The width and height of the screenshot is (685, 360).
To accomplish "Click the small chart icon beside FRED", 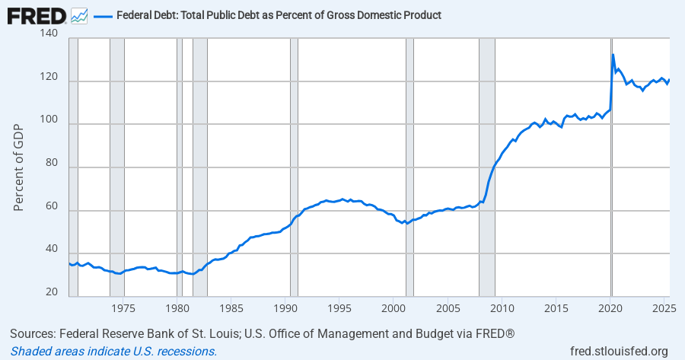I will (79, 15).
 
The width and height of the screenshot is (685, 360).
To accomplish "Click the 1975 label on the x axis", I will (123, 308).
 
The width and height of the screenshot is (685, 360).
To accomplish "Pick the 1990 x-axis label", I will (285, 308).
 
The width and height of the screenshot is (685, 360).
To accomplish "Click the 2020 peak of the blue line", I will (613, 55).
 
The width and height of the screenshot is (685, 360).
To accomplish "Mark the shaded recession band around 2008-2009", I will (486, 167).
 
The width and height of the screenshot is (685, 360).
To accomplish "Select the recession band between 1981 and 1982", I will (199, 167).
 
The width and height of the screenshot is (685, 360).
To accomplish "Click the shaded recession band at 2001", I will (409, 167).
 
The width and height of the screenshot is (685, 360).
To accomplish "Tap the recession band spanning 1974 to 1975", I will (117, 167).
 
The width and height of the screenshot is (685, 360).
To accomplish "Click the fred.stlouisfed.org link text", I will (619, 351).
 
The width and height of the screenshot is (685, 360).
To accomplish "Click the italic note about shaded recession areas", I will (113, 351).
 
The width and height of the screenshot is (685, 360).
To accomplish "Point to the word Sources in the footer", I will (33, 334).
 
